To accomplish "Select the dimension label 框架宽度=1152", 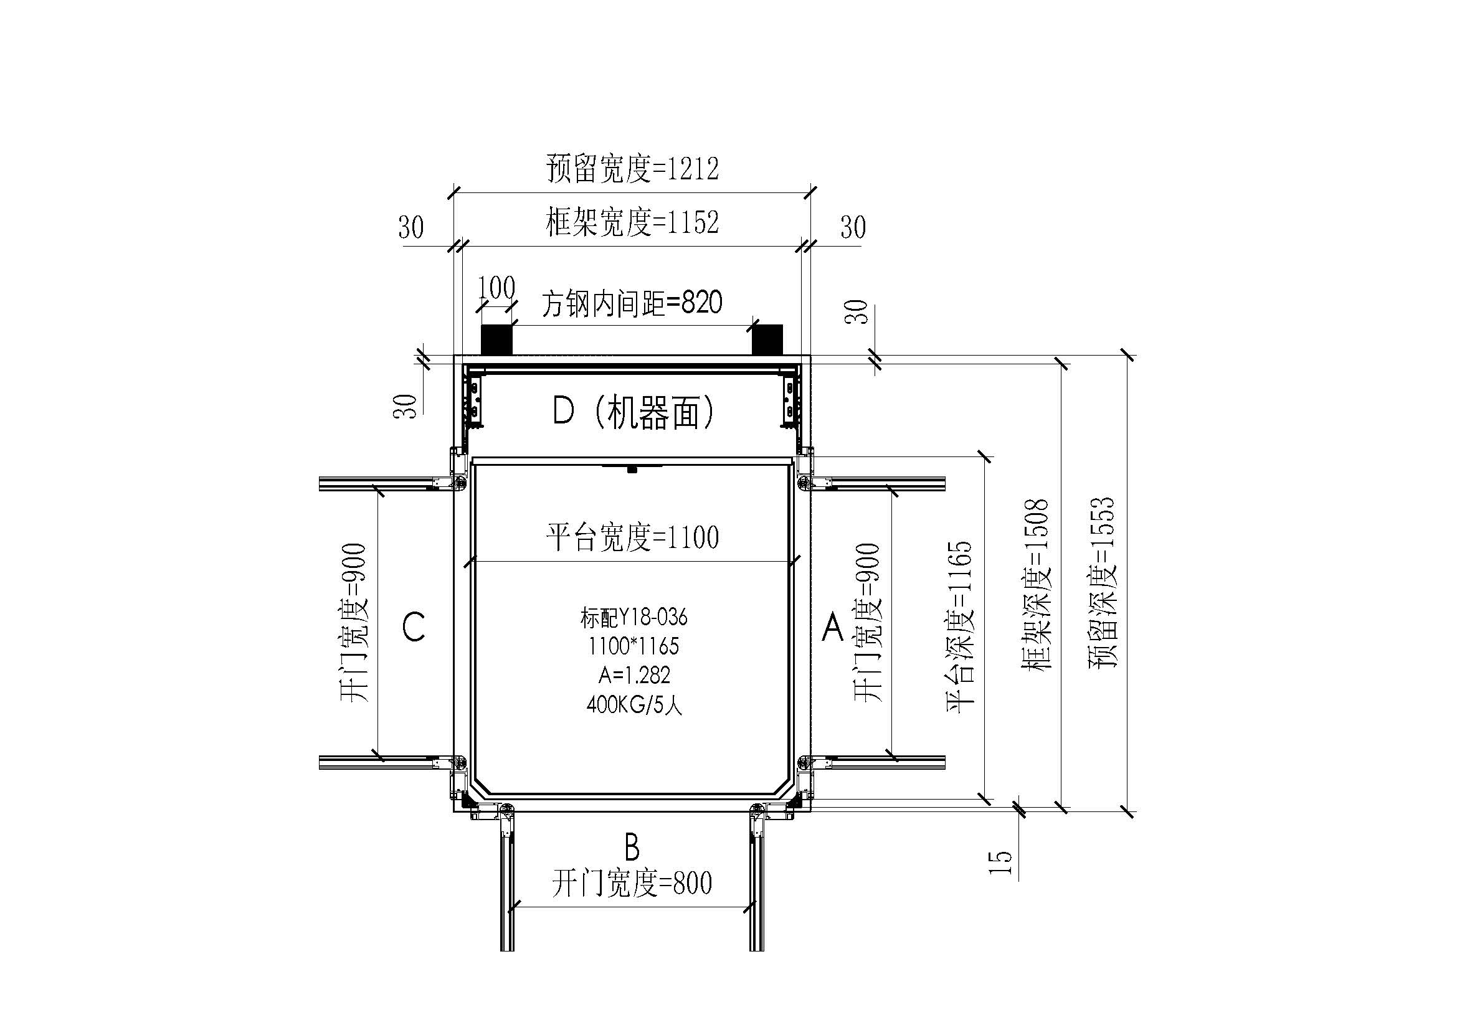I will [x=632, y=222].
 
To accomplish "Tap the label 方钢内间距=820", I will [x=632, y=303].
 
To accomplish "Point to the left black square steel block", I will [x=496, y=340].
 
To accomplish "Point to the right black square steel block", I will [x=767, y=340].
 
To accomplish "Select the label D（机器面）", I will [x=634, y=412].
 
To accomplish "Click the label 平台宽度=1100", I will [x=632, y=537].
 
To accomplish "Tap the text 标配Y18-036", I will [x=634, y=617].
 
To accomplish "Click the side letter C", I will [x=414, y=627].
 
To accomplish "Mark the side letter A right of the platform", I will [x=833, y=627].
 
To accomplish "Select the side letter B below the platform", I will [x=632, y=848].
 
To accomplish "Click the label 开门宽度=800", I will [x=632, y=883].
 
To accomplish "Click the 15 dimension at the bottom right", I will [x=1000, y=862].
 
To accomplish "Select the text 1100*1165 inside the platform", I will [x=634, y=646].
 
